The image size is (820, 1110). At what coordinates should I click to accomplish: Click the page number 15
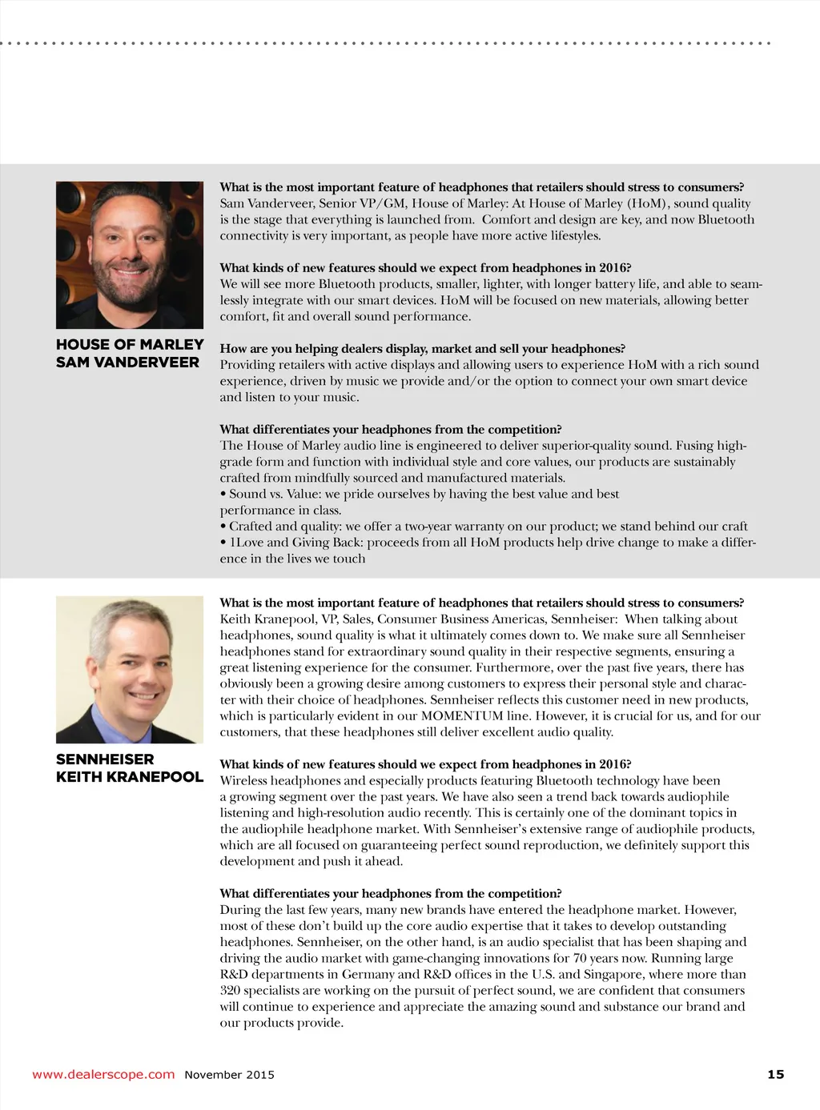point(775,1074)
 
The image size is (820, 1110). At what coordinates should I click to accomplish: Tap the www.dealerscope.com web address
point(103,1074)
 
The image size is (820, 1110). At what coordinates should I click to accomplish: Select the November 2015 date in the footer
point(229,1075)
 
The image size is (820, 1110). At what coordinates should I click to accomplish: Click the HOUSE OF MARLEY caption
point(130,344)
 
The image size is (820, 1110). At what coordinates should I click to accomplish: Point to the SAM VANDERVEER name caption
point(127,362)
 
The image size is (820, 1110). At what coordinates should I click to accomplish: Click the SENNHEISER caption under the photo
point(105,759)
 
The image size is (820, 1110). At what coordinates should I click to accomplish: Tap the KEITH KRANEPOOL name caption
point(130,776)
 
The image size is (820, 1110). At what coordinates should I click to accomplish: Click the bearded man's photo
point(130,254)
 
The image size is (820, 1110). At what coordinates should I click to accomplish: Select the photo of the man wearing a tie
point(130,669)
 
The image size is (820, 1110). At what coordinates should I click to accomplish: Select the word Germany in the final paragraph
point(368,974)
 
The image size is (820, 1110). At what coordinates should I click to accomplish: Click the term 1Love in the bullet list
point(246,542)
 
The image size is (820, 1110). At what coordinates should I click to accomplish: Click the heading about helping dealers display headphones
point(422,348)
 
